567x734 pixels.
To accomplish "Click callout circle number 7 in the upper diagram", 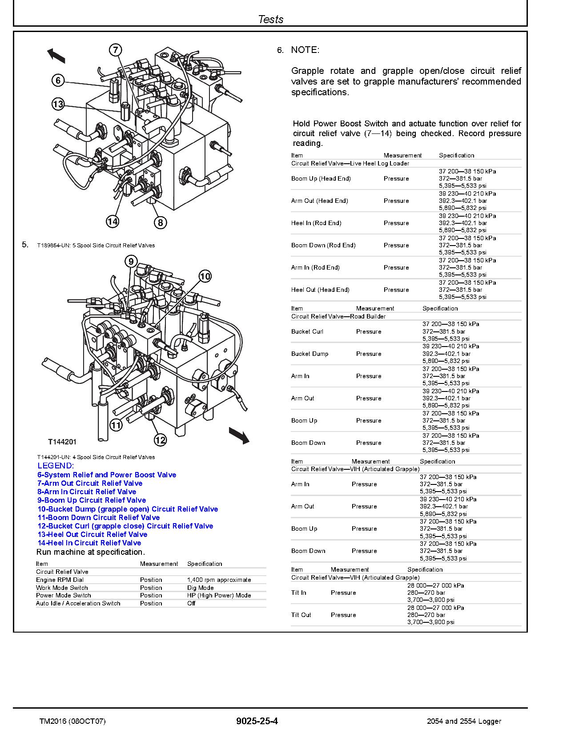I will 115,50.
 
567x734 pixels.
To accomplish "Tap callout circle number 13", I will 58,105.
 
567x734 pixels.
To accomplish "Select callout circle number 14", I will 113,221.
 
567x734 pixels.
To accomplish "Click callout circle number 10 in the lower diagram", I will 205,276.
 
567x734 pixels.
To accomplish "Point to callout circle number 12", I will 160,440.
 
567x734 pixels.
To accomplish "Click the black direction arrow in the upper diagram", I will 56,56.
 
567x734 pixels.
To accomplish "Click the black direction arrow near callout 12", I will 239,435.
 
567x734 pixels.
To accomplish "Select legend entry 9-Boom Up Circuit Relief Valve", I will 91,500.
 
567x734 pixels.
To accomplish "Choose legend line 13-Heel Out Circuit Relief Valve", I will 92,534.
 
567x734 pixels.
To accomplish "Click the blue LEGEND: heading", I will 56,466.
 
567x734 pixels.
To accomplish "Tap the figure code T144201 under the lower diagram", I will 62,442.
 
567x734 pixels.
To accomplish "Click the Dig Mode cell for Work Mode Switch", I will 200,588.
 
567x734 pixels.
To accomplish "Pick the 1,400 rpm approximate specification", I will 219,580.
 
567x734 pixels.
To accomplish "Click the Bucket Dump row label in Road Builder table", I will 310,354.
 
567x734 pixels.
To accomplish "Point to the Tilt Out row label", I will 301,615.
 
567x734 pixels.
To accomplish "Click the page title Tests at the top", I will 270,19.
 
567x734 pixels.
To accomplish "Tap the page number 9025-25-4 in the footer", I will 257,721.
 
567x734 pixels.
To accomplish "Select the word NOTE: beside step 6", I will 305,50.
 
